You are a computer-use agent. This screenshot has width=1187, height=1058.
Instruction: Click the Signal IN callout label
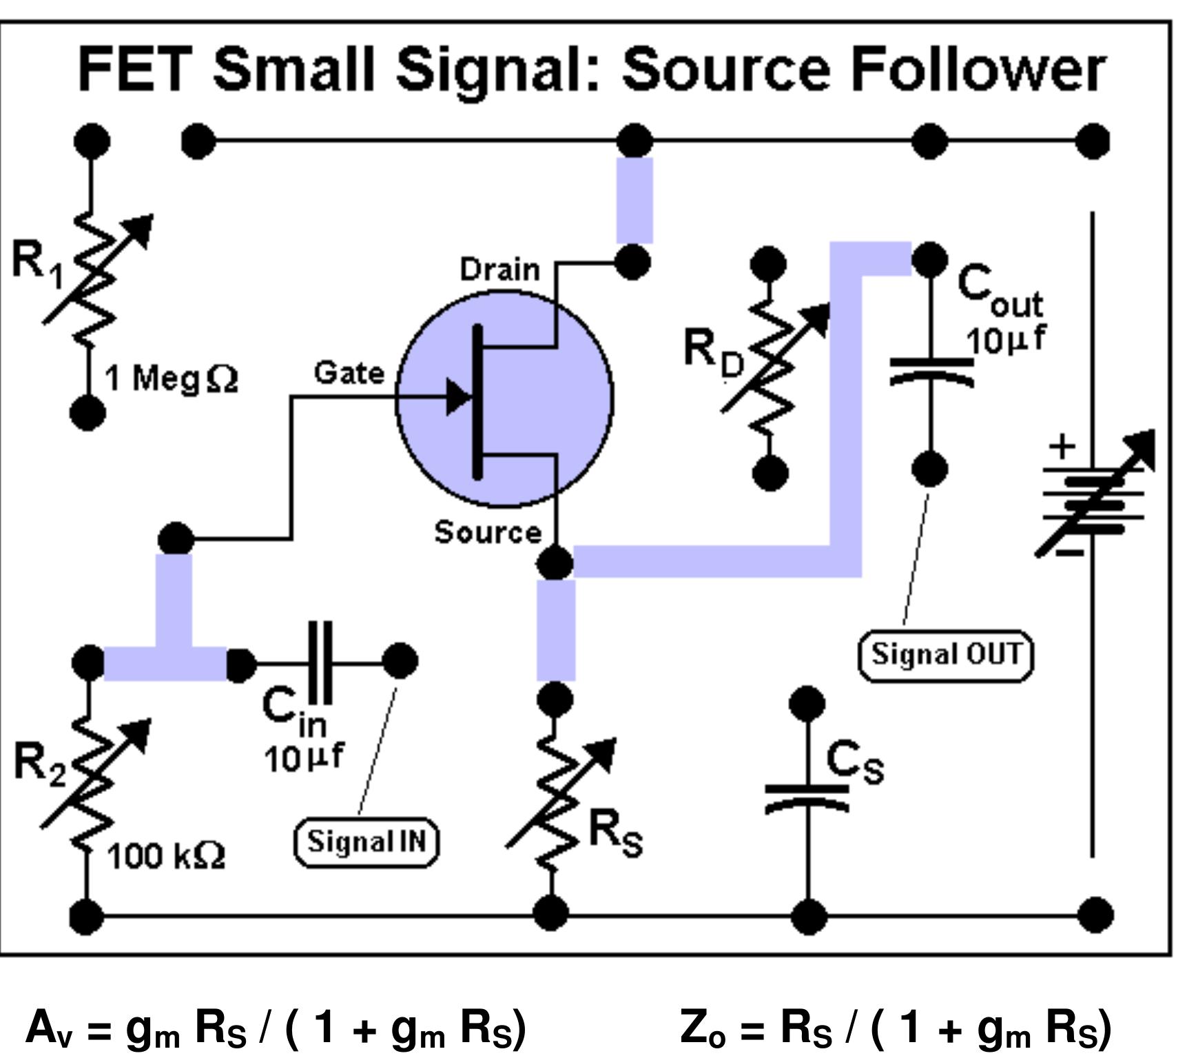point(366,842)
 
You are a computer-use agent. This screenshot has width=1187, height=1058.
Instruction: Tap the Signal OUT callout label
point(945,654)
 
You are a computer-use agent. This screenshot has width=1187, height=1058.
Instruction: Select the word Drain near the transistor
point(499,269)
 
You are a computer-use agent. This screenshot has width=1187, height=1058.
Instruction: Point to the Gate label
point(349,373)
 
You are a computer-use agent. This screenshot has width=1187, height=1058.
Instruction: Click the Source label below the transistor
point(488,532)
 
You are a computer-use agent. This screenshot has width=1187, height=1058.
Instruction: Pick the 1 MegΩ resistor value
point(172,378)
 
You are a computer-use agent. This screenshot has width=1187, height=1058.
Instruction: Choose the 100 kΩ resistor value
point(166,856)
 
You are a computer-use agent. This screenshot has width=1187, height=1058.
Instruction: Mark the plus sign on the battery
point(1062,447)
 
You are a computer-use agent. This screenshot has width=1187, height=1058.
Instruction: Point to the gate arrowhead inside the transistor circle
point(458,397)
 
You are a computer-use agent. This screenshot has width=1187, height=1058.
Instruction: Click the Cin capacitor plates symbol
point(321,662)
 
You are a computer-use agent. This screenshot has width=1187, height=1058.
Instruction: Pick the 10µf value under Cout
point(1004,340)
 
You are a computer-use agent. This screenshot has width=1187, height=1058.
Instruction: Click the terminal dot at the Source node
point(555,563)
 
